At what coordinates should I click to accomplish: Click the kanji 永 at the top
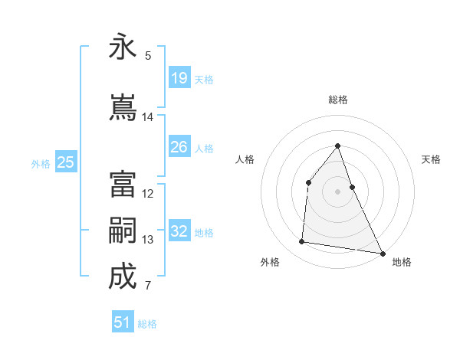click(x=123, y=47)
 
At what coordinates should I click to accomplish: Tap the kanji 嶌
click(x=123, y=107)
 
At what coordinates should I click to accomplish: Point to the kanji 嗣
click(x=123, y=231)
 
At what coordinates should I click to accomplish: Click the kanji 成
click(x=123, y=277)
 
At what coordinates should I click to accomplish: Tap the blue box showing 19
click(x=179, y=78)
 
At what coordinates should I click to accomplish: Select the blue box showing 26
click(x=179, y=147)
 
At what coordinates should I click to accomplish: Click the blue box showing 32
click(x=179, y=232)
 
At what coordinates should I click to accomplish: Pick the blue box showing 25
click(x=66, y=162)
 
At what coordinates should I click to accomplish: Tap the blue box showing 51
click(x=123, y=322)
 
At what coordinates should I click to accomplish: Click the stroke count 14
click(x=148, y=117)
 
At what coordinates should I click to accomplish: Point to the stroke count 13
click(x=148, y=240)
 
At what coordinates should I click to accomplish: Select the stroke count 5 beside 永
click(x=148, y=56)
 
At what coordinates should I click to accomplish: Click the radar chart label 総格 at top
click(x=337, y=100)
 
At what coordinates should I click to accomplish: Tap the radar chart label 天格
click(x=431, y=159)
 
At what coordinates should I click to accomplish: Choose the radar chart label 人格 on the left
click(x=245, y=159)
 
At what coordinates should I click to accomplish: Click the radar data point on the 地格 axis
click(x=382, y=253)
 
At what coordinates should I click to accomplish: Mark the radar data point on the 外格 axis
click(x=302, y=242)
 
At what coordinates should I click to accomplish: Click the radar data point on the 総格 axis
click(x=337, y=146)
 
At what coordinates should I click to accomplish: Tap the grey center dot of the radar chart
click(x=337, y=191)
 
